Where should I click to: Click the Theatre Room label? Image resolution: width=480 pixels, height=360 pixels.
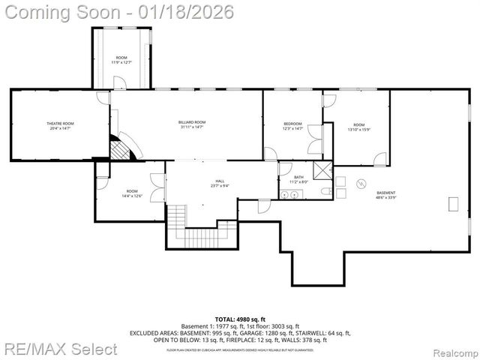(60, 123)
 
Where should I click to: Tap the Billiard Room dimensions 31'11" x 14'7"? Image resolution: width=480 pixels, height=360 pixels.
(192, 127)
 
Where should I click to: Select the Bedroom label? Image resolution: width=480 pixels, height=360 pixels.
(292, 123)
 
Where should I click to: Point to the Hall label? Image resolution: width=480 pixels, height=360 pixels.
(220, 181)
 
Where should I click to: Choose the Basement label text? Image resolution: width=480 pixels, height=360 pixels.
(385, 193)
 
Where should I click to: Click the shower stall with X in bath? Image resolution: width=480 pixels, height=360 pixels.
(322, 170)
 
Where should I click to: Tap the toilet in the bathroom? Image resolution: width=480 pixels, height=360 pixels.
(325, 193)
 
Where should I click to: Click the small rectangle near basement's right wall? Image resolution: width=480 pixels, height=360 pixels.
(452, 202)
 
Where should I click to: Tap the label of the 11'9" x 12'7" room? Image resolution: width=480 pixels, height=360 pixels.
(121, 58)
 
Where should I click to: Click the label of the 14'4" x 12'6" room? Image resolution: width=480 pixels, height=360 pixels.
(132, 191)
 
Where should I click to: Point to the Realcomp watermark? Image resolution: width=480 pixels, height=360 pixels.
(450, 350)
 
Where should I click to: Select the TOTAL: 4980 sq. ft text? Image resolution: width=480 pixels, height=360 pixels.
(239, 319)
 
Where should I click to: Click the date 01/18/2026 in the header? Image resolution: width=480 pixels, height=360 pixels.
(190, 12)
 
